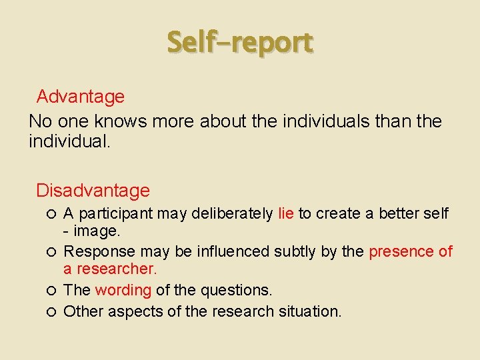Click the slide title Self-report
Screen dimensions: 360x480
239,42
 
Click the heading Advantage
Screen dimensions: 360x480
81,97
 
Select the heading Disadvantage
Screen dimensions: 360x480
93,191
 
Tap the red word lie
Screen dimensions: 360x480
286,214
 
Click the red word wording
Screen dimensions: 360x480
123,291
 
